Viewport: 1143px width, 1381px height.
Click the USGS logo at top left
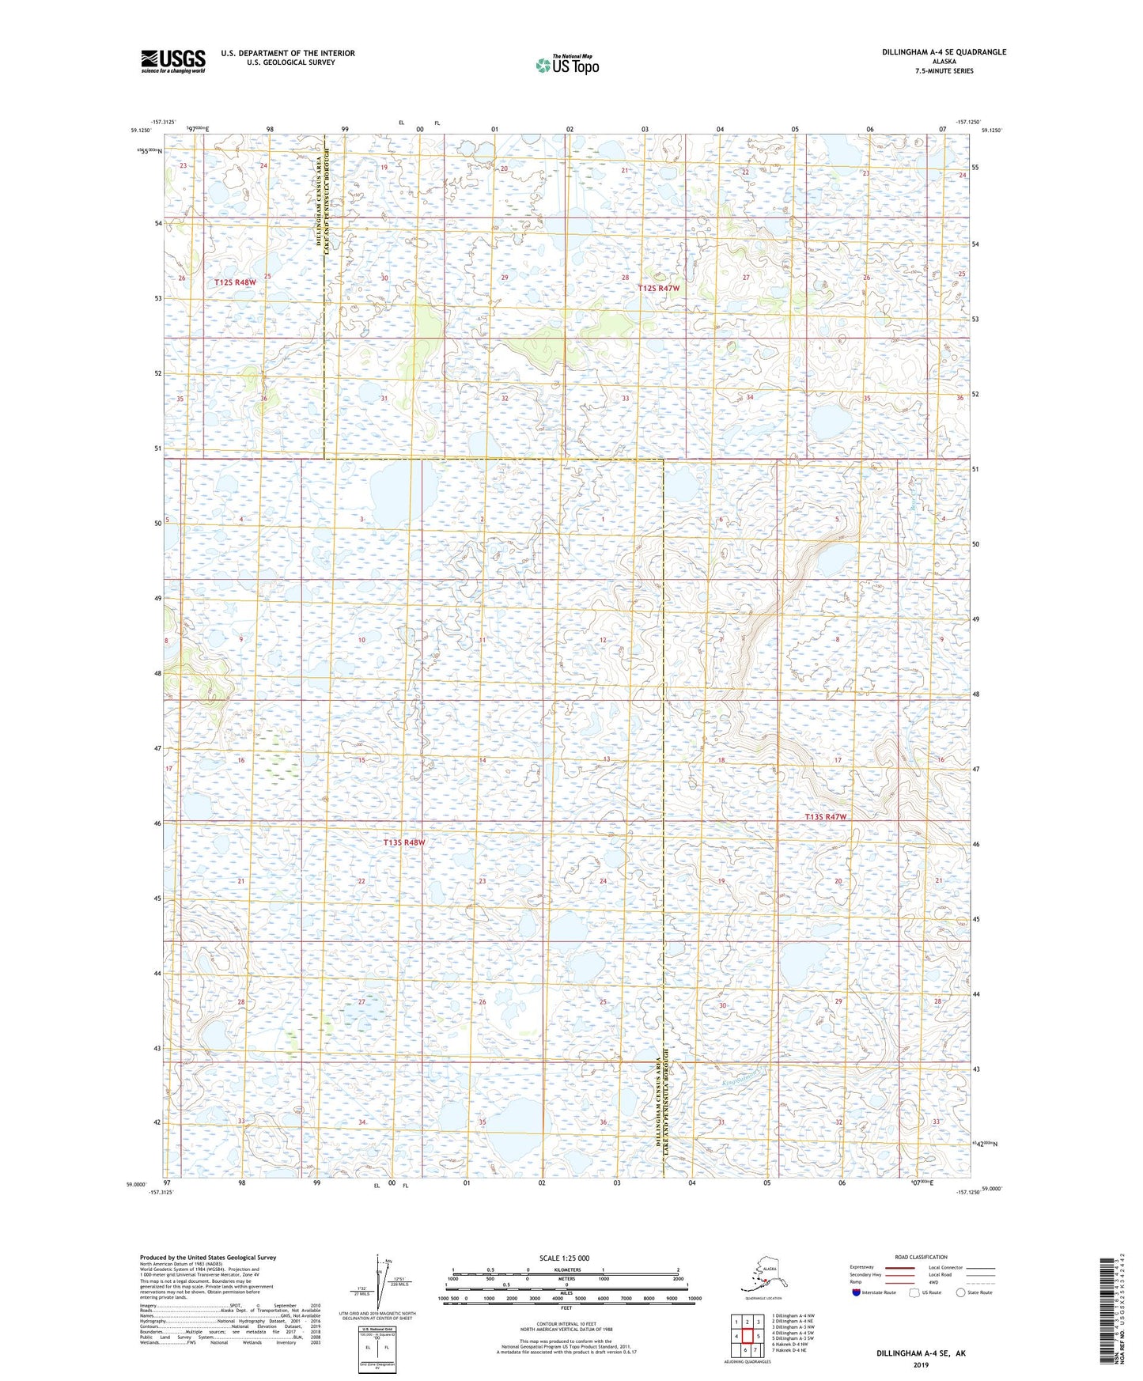[x=173, y=61]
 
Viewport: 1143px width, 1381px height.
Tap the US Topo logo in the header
[x=566, y=64]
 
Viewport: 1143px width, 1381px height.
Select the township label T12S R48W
[x=236, y=282]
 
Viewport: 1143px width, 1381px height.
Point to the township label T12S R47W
[x=659, y=289]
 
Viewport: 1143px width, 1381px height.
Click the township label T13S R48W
[x=404, y=842]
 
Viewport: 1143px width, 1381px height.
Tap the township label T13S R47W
[x=826, y=817]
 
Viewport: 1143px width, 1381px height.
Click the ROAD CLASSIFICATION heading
[x=921, y=1257]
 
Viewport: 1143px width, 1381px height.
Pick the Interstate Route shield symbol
[x=857, y=1292]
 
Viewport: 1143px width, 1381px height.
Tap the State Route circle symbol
[x=961, y=1292]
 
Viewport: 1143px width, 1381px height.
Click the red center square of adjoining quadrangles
[x=747, y=1336]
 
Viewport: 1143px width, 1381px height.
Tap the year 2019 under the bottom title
[x=921, y=1364]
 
